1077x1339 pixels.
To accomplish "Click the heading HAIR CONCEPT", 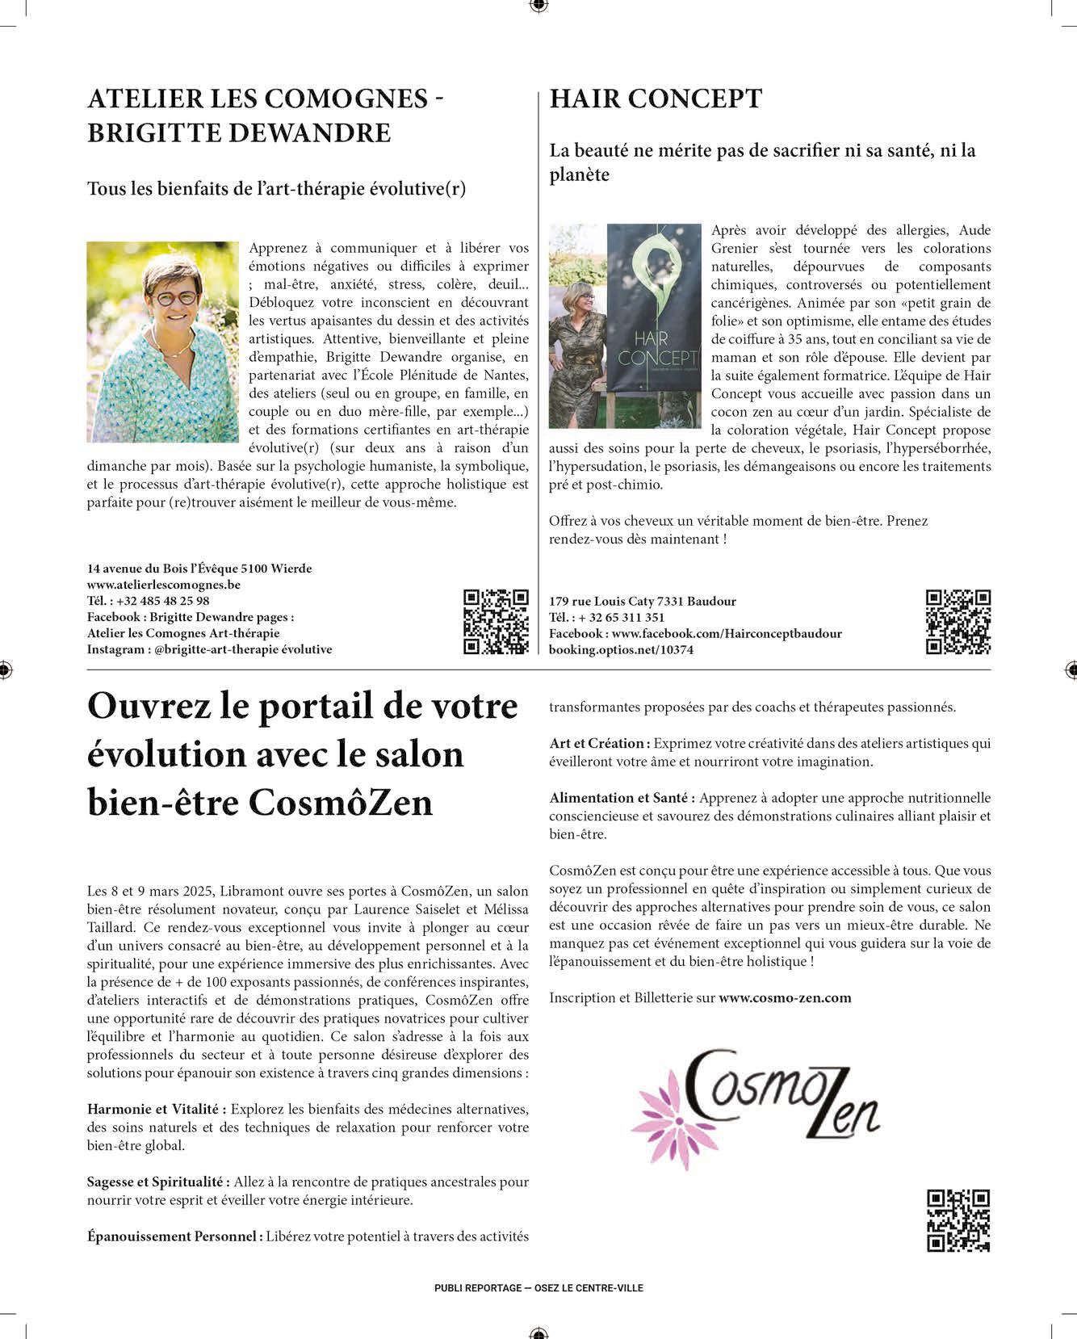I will (x=656, y=99).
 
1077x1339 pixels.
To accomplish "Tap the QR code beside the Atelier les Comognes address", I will (x=496, y=621).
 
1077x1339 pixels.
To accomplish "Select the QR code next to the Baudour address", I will (x=958, y=621).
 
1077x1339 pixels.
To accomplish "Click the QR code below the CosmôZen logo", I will (x=958, y=1220).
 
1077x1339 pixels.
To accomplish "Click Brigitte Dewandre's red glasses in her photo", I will (x=175, y=298).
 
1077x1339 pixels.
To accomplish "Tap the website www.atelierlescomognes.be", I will (x=164, y=585).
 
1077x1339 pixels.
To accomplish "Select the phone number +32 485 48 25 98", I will (x=162, y=601).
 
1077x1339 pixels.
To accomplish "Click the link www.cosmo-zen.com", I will (x=785, y=997).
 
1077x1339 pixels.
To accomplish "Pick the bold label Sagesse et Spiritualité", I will (x=159, y=1182).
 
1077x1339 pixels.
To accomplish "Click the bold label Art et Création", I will (x=600, y=743).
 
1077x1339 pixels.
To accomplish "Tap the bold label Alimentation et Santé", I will (x=622, y=798).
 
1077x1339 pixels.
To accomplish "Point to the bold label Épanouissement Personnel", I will (x=175, y=1236).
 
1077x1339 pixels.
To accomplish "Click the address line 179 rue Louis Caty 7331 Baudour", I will (x=643, y=601).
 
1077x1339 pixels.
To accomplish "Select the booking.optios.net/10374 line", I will (x=621, y=649).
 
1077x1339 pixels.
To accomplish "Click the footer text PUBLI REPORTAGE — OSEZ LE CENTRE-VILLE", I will (x=538, y=1288).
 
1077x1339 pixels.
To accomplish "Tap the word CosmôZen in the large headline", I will (x=341, y=803).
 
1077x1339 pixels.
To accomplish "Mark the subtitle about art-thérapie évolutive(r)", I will (x=276, y=189).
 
